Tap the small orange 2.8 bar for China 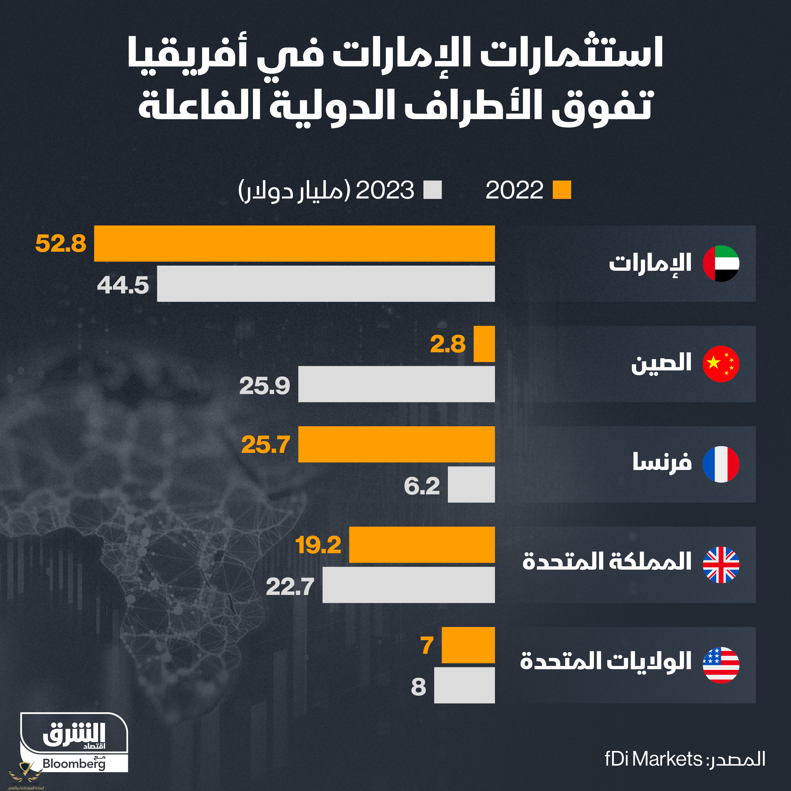coord(484,344)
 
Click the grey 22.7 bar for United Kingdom coord(408,584)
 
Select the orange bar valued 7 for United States coord(468,645)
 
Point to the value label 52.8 coord(61,243)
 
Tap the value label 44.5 coord(123,285)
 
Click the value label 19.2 coord(318,545)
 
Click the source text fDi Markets coord(653,759)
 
